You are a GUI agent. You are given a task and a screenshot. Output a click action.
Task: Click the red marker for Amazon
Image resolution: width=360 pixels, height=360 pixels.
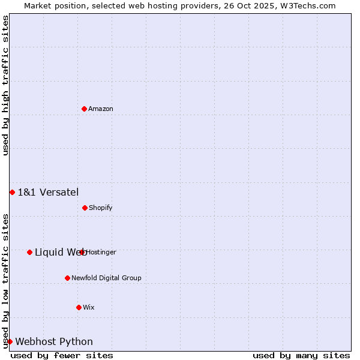(84, 109)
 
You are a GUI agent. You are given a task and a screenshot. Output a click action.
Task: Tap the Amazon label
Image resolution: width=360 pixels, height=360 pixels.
(101, 109)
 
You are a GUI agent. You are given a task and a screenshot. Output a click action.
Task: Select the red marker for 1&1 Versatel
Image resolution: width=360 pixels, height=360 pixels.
(12, 192)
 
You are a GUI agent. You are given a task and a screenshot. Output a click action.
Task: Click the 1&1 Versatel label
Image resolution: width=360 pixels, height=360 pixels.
(48, 192)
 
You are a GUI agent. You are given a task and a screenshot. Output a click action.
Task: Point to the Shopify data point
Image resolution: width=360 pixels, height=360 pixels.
(85, 208)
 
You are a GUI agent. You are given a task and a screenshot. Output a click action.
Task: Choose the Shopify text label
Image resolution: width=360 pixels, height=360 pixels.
(101, 208)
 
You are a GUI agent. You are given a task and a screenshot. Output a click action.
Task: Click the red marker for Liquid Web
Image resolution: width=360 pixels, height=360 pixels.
(29, 252)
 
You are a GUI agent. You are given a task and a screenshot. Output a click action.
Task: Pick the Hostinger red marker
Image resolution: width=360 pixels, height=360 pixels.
(82, 252)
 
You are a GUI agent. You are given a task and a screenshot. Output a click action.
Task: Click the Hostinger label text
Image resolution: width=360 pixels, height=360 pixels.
(101, 252)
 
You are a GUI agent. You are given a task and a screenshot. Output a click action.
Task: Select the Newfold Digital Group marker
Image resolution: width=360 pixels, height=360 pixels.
(67, 278)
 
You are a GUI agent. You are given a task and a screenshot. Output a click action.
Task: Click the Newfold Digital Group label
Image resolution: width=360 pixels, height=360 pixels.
(106, 278)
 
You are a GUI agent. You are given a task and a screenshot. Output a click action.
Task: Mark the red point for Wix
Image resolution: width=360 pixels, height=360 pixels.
(79, 307)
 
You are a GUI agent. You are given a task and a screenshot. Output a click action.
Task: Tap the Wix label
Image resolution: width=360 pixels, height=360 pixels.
(89, 307)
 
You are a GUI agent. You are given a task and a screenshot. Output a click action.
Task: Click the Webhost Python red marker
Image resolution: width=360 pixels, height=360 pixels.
(10, 341)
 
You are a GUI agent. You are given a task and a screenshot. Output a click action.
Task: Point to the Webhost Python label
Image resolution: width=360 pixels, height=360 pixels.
(54, 341)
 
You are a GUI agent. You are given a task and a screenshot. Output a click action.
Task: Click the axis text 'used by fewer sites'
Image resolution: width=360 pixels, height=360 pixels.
(62, 355)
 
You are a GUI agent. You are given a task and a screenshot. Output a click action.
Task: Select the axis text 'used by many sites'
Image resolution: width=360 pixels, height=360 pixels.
(301, 355)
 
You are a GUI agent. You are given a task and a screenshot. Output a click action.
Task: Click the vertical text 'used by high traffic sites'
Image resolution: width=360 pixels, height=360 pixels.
(5, 85)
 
